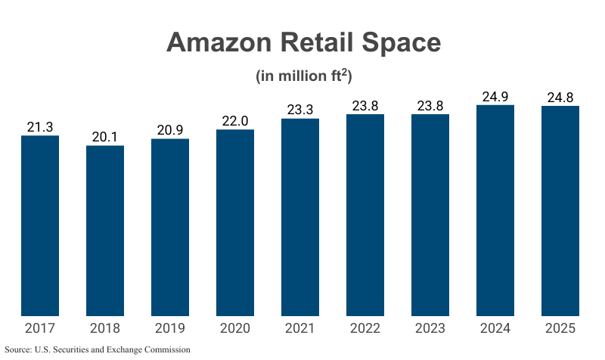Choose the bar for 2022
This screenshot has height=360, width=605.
click(365, 215)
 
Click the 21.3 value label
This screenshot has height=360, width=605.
click(40, 127)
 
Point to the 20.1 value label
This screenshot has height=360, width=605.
click(105, 137)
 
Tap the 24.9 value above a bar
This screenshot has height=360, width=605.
click(495, 96)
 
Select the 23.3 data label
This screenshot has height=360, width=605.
click(300, 110)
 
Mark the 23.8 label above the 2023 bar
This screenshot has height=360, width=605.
click(430, 106)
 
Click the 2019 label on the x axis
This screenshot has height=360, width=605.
click(170, 328)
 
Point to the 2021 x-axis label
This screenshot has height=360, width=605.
click(300, 328)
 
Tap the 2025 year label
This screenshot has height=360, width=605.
click(560, 328)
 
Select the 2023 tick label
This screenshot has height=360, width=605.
click(430, 328)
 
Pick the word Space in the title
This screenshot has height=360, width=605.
click(400, 42)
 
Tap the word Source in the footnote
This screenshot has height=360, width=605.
click(17, 350)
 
